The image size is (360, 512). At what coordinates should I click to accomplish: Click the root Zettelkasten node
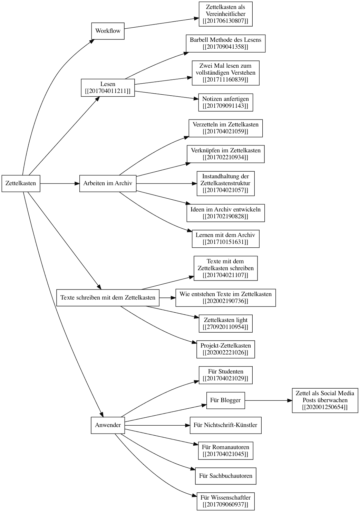21,183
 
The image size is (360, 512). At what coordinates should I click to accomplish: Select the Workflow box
108,31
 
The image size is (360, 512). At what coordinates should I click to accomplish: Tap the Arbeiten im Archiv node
108,183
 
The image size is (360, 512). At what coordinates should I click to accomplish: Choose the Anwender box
108,425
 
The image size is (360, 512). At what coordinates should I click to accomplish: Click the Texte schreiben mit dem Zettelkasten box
108,297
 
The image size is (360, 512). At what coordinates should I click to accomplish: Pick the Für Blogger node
225,400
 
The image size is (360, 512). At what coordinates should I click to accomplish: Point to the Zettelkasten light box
225,323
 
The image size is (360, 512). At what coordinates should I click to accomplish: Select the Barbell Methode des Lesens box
225,43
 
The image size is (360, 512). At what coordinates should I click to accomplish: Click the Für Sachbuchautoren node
225,476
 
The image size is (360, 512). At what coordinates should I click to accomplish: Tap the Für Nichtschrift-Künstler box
225,425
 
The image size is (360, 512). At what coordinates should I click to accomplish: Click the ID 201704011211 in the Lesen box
108,91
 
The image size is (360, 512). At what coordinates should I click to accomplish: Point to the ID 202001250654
325,407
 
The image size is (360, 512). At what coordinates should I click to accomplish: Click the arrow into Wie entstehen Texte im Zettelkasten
167,297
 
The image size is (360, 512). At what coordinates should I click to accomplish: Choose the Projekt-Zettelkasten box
225,349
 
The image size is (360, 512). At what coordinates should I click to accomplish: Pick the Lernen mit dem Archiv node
225,239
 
